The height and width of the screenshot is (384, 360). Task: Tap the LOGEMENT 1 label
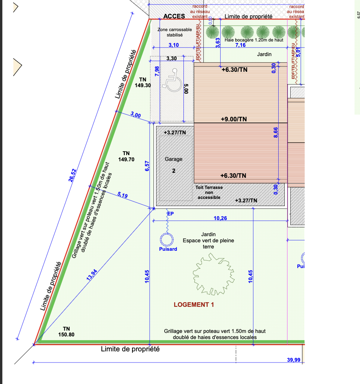tap(194, 305)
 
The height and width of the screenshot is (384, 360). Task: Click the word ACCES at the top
tap(174, 17)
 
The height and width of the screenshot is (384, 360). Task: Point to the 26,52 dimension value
tap(73, 176)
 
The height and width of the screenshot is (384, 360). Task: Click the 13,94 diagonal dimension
tap(92, 275)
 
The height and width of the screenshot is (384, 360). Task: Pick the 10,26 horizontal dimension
tap(220, 218)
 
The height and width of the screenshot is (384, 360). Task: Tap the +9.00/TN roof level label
tap(234, 119)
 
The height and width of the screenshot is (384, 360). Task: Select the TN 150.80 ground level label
tap(66, 331)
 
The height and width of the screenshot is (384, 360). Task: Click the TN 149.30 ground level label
tap(143, 83)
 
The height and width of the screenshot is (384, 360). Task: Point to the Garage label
tap(173, 159)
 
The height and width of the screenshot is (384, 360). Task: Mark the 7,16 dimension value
tap(240, 45)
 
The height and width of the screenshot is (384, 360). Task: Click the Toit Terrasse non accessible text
tap(209, 192)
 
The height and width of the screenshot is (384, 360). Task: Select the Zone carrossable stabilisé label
tap(175, 32)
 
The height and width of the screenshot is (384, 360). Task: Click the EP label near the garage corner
tap(170, 214)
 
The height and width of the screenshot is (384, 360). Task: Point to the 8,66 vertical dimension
tap(276, 133)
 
